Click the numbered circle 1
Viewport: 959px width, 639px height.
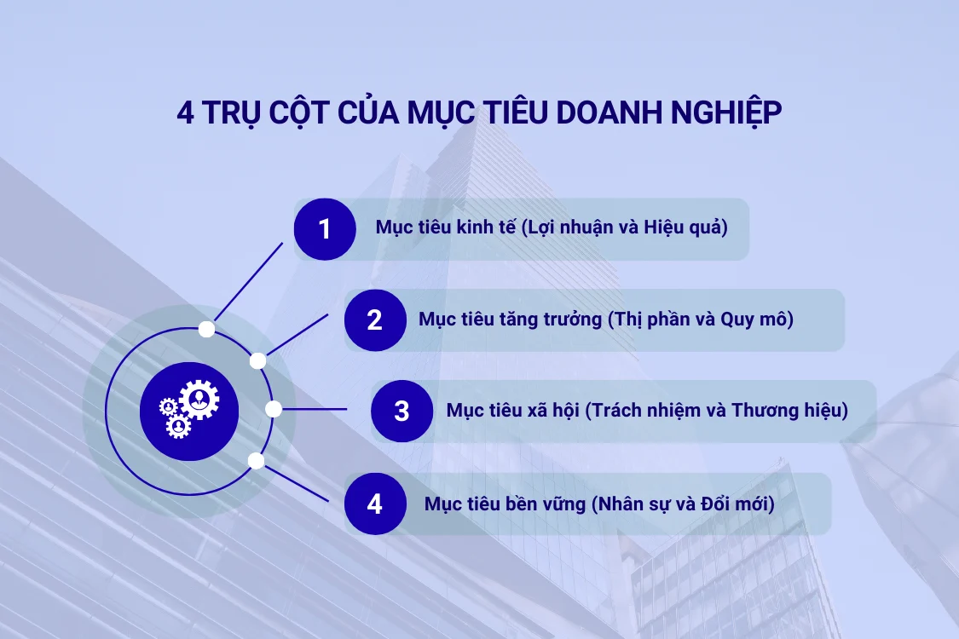(325, 229)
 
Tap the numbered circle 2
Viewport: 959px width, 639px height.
(375, 320)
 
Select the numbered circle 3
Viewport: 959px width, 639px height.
(402, 411)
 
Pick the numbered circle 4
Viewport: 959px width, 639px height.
(375, 504)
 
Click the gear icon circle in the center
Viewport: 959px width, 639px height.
(189, 411)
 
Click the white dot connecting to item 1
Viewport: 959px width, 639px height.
(205, 329)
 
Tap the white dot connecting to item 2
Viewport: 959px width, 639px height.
(257, 360)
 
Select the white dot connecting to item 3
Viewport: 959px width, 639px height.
(274, 410)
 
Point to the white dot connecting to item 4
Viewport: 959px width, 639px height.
(256, 461)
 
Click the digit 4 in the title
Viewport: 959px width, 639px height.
(186, 114)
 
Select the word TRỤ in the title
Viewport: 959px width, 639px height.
(234, 114)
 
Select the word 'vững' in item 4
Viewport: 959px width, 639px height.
(561, 504)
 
